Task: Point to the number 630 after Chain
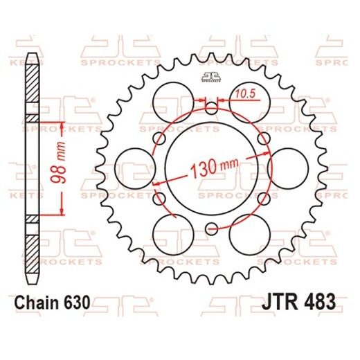pyautogui.click(x=75, y=303)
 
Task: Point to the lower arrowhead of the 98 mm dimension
pyautogui.click(x=62, y=212)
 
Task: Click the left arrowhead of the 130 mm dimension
pyautogui.click(x=156, y=183)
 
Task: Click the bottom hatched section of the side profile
pyautogui.click(x=32, y=249)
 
